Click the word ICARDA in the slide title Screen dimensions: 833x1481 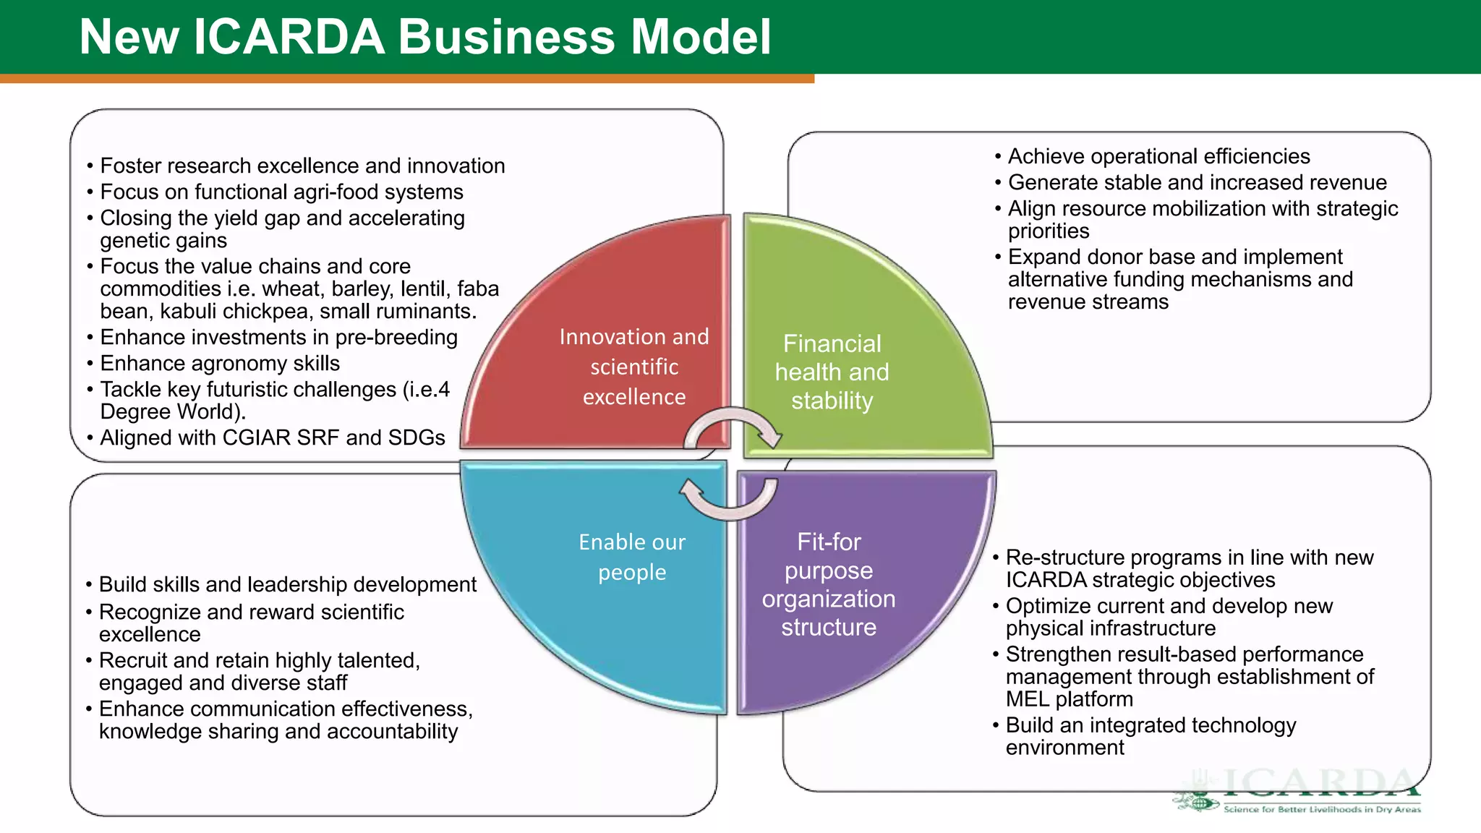click(289, 37)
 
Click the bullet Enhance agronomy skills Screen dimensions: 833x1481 click(219, 363)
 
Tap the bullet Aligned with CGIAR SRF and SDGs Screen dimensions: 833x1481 click(272, 437)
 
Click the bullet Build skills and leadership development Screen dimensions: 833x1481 click(287, 584)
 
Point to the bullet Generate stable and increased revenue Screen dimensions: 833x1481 click(1197, 182)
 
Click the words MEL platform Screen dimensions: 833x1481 click(1069, 699)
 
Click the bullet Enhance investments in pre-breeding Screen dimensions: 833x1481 click(278, 337)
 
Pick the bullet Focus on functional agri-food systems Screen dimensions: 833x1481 click(281, 192)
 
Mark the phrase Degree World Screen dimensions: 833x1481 click(171, 411)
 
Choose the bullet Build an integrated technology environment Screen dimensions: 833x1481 click(1150, 735)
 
